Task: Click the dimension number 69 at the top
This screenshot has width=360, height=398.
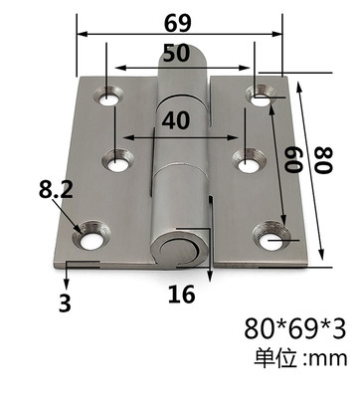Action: [x=178, y=23]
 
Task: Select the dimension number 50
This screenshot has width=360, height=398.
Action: [x=176, y=54]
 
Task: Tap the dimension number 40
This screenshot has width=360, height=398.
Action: [x=176, y=120]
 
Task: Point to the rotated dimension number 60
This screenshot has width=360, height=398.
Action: [x=293, y=160]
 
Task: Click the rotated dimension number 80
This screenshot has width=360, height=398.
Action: [x=323, y=161]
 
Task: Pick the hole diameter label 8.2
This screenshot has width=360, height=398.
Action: [x=56, y=190]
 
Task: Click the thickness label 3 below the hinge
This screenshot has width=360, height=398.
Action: [x=65, y=302]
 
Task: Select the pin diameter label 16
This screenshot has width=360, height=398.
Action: [x=181, y=295]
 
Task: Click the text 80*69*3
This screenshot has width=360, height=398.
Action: [x=295, y=328]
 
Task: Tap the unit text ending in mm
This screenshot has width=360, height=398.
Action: [x=301, y=358]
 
